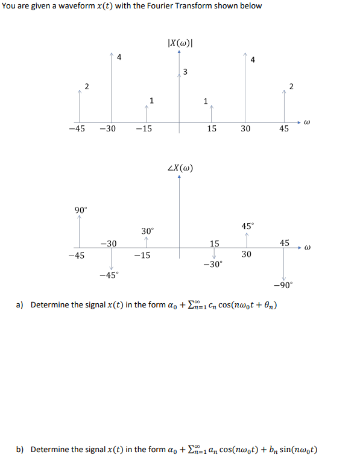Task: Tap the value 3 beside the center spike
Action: click(x=185, y=73)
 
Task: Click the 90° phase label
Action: click(x=81, y=210)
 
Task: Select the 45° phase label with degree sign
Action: click(x=247, y=225)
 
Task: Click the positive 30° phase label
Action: click(x=148, y=231)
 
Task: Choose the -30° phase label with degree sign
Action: click(x=213, y=264)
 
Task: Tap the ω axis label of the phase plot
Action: click(x=306, y=247)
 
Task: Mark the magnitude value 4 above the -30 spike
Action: click(x=119, y=58)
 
